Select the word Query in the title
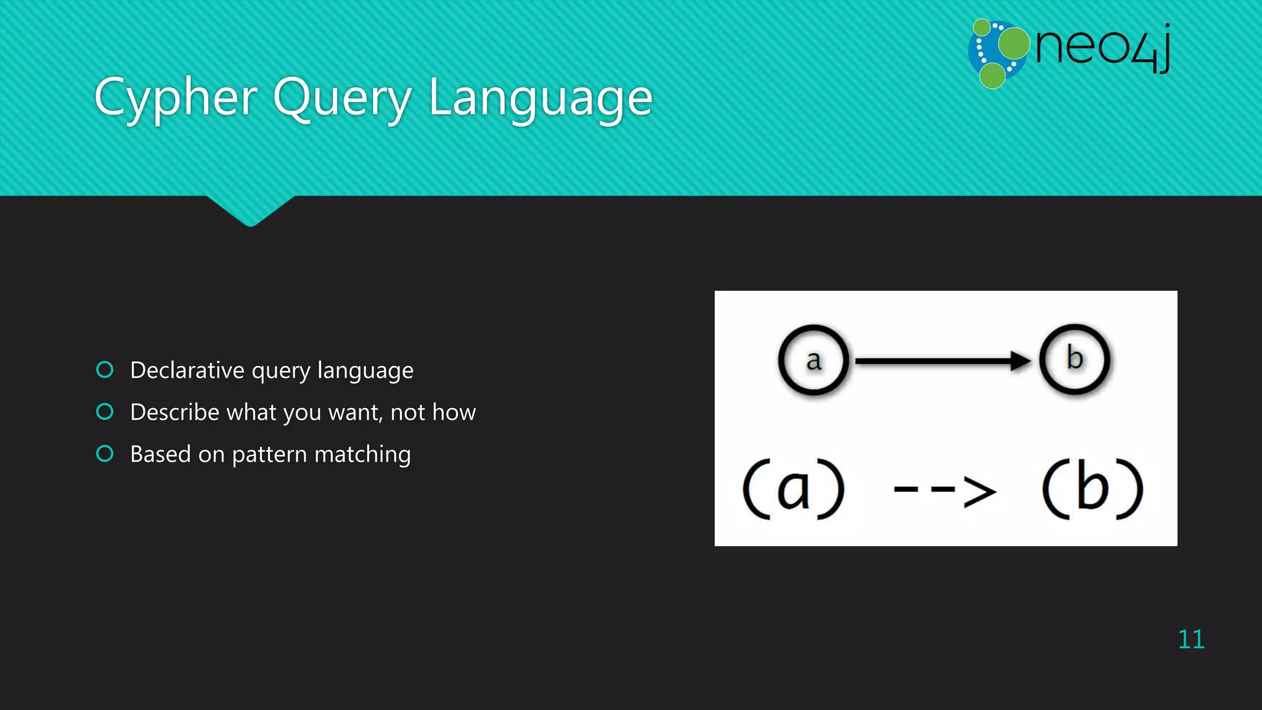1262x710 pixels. click(342, 99)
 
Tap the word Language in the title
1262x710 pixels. click(540, 99)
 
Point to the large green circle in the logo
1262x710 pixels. click(1014, 43)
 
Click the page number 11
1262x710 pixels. click(1191, 640)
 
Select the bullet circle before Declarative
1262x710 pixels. click(105, 370)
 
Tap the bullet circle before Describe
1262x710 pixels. click(105, 412)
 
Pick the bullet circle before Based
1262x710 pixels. click(105, 454)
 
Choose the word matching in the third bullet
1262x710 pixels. click(362, 455)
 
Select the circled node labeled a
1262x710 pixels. click(813, 360)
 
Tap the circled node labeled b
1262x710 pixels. click(1075, 359)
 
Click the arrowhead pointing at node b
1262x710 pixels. click(1021, 361)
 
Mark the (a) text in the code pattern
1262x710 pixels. click(793, 489)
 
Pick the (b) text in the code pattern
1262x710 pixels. click(1093, 489)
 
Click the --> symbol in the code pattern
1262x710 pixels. click(944, 491)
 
